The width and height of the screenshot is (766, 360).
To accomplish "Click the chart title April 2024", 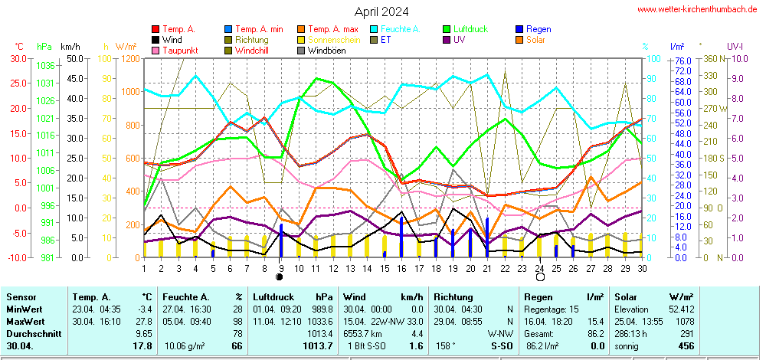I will click(381, 11).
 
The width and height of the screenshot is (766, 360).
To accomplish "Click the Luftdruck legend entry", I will click(469, 29).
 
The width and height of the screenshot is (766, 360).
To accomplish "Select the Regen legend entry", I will click(538, 29).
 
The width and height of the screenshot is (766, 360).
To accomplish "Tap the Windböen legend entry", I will click(326, 51).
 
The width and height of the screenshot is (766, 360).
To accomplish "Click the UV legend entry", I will click(459, 40).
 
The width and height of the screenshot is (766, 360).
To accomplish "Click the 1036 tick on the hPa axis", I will click(45, 66).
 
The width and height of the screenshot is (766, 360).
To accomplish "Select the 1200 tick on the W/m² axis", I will click(129, 58).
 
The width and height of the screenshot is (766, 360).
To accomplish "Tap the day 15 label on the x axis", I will click(384, 267).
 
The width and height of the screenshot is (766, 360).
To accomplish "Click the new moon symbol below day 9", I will click(280, 277).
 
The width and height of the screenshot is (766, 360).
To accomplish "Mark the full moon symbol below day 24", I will click(539, 277).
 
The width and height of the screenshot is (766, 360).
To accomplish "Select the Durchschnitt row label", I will click(27, 334).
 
